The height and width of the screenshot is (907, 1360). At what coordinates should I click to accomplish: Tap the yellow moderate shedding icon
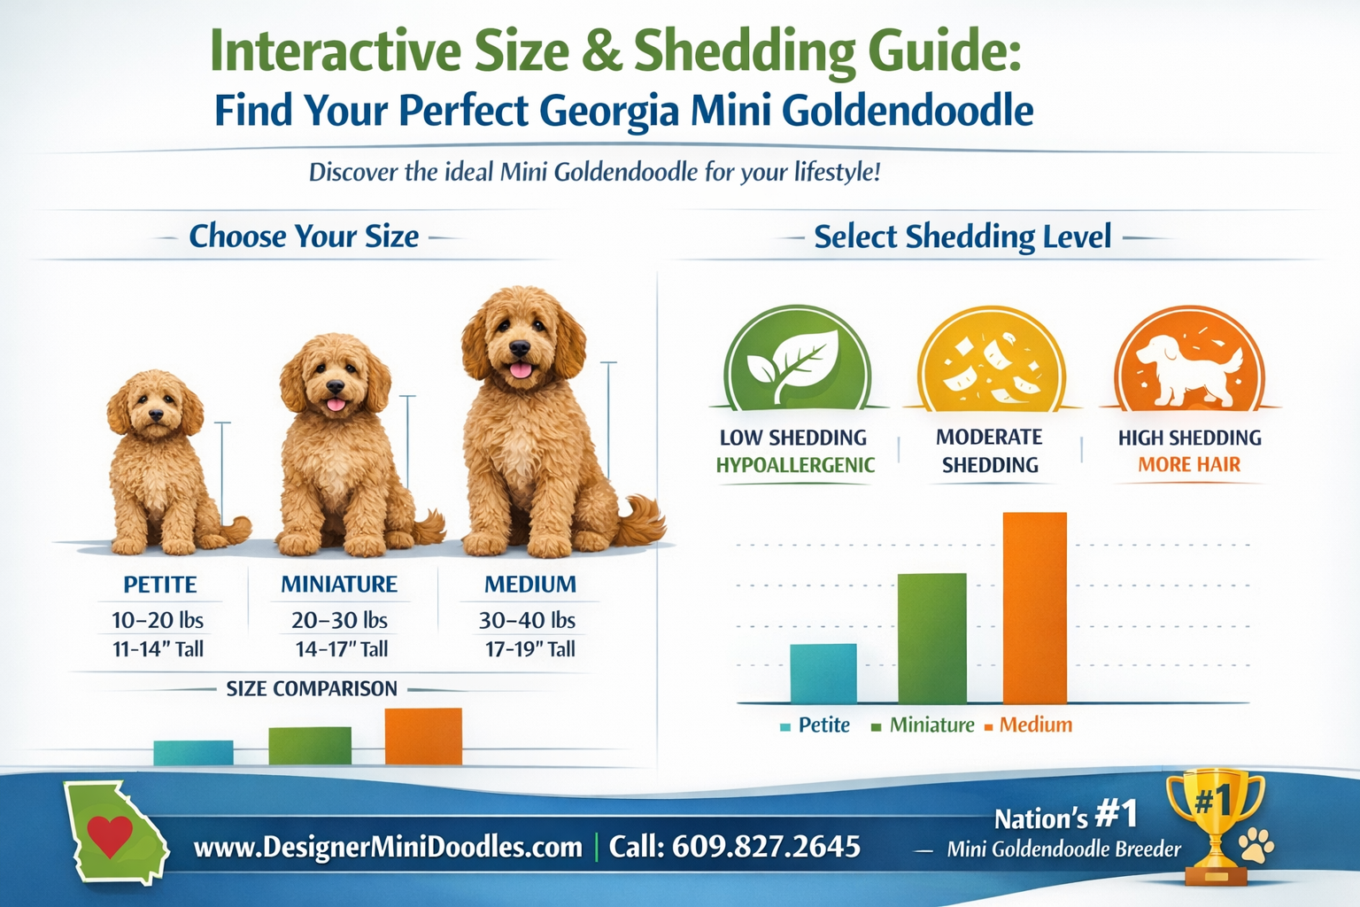(992, 361)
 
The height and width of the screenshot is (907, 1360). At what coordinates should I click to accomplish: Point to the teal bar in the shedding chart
(823, 673)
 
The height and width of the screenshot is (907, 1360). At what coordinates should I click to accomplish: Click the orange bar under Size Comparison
(423, 736)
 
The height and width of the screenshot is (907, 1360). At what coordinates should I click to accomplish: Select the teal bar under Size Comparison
(193, 752)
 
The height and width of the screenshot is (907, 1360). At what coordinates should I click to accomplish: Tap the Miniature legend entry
(931, 725)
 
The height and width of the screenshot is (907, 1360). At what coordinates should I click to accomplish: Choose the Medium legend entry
(1035, 725)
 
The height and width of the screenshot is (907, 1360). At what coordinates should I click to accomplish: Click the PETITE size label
(160, 585)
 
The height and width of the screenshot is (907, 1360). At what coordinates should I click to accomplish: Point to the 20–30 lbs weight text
(340, 620)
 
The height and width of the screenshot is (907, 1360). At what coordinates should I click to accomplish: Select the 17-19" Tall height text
(530, 649)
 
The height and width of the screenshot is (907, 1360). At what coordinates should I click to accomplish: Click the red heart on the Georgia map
(110, 834)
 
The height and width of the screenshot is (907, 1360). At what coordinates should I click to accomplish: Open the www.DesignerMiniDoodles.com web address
(388, 848)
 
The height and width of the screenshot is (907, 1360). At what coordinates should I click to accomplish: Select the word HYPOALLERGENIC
(795, 465)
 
